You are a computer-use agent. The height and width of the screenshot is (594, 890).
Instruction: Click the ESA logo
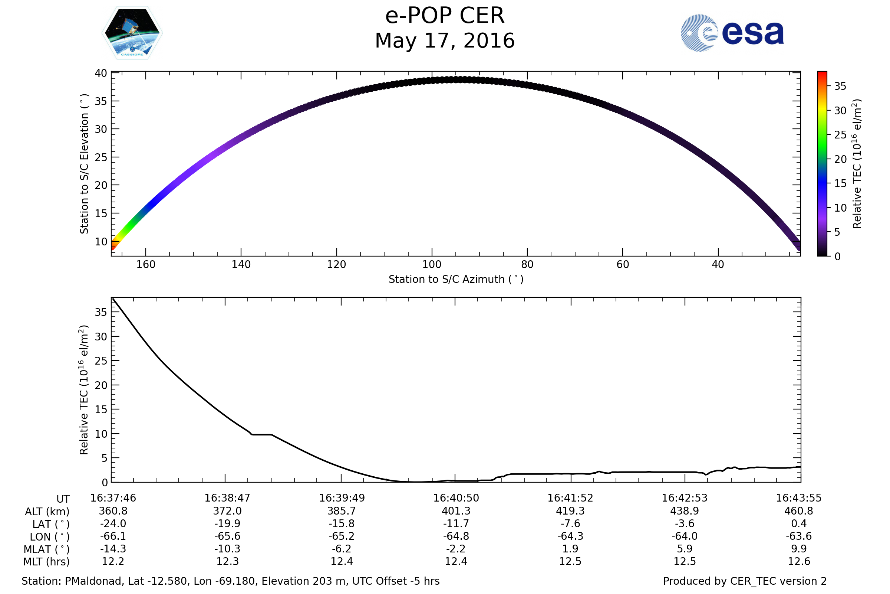coord(732,33)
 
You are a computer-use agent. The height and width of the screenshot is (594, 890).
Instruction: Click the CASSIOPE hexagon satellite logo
coord(132,33)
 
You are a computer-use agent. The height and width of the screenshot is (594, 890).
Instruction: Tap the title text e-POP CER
coord(445,16)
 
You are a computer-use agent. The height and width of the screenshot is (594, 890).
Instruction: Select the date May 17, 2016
coord(445,41)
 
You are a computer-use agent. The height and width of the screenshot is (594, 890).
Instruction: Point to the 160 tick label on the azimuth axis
coord(146,264)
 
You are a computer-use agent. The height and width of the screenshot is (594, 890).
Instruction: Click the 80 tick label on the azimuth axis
coord(527,264)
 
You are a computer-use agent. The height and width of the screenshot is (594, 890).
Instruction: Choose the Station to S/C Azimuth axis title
coord(456,280)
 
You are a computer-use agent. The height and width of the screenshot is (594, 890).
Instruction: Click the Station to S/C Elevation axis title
coord(84,164)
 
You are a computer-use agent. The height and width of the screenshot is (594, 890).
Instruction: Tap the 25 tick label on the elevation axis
coord(101,157)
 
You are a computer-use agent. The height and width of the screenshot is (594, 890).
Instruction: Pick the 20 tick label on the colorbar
coord(840,160)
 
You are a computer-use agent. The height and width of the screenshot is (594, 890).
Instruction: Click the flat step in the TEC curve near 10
coord(261,434)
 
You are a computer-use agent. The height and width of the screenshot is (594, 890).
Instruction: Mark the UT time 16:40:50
coord(456,498)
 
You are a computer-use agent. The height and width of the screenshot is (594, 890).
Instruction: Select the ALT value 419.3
coord(570,511)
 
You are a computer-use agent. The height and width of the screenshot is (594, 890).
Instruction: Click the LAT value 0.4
coord(799,523)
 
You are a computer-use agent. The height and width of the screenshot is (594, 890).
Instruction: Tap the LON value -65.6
coord(227,536)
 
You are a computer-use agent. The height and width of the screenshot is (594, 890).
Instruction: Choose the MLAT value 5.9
coord(685,549)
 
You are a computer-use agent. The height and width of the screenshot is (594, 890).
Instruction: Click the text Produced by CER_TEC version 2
coord(745,581)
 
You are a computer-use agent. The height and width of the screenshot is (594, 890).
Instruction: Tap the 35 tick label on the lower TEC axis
coord(101,312)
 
